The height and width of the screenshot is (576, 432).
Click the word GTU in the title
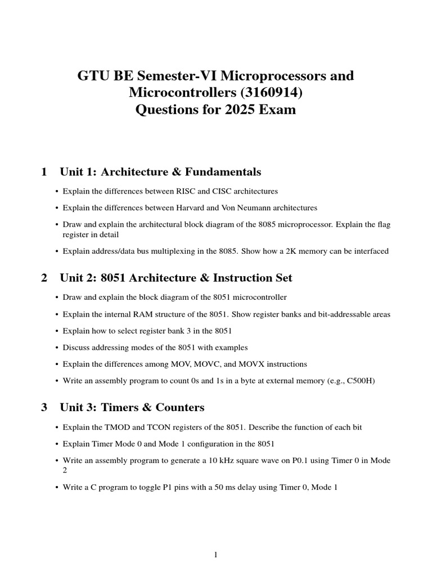pyautogui.click(x=92, y=75)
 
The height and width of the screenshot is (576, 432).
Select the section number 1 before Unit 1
pyautogui.click(x=44, y=172)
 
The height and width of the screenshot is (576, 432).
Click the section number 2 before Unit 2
pyautogui.click(x=44, y=278)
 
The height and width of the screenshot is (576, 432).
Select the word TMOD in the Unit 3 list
pyautogui.click(x=111, y=427)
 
